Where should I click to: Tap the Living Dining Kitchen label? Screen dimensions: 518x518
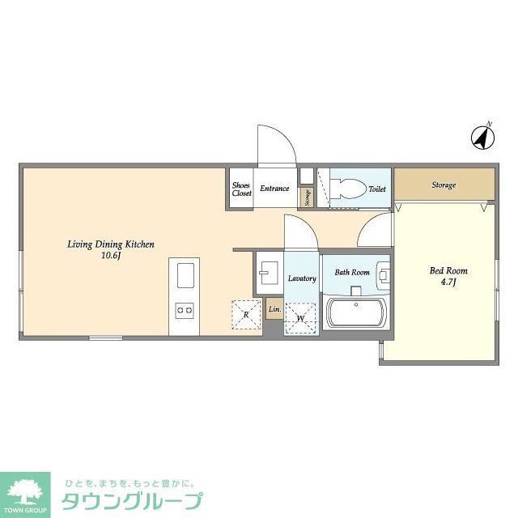point(110,244)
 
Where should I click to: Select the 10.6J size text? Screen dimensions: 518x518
point(111,256)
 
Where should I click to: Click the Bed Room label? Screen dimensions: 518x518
point(448,270)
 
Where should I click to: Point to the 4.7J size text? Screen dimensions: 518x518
point(448,282)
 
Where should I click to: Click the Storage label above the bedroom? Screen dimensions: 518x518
point(443,185)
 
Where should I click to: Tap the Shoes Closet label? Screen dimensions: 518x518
point(242,189)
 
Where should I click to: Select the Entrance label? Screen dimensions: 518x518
point(274,189)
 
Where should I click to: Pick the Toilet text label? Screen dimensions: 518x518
point(377,189)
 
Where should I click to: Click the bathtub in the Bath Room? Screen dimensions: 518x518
point(358,313)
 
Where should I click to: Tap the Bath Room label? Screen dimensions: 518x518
point(352,272)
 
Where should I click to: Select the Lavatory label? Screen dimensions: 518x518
point(301,278)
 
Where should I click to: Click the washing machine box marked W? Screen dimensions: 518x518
point(299,318)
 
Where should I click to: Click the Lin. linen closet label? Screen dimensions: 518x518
point(274,309)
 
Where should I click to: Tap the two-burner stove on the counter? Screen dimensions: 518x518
point(184,309)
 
